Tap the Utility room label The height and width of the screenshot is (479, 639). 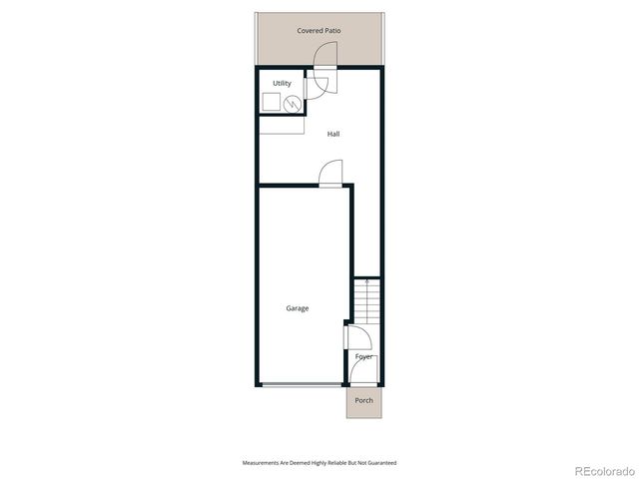281,83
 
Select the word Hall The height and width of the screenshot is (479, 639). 334,133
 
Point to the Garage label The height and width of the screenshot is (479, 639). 297,308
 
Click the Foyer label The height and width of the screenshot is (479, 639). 364,356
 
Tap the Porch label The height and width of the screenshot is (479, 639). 364,401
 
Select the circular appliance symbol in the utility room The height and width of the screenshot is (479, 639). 293,103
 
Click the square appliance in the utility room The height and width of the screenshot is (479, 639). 271,102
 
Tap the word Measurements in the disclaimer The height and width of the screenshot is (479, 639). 264,463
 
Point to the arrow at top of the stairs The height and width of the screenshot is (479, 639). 366,283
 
